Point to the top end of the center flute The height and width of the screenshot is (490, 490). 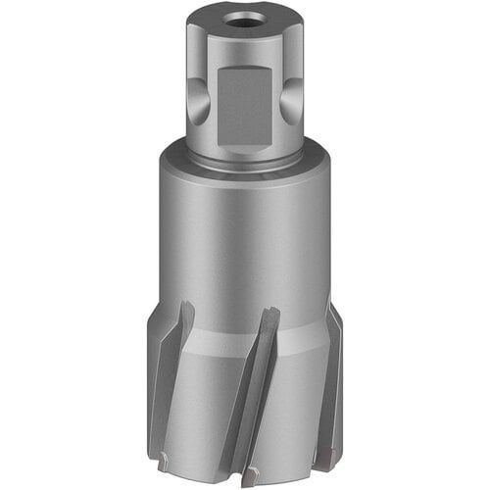[272, 314]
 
